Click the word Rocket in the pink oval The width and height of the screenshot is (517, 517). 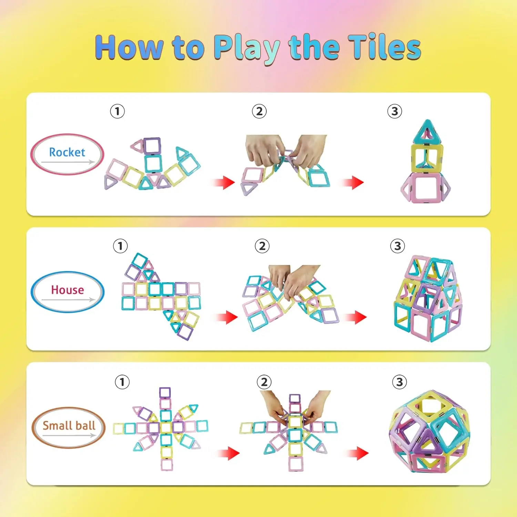click(67, 152)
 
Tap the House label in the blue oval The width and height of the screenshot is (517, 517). click(68, 290)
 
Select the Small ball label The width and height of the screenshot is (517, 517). click(69, 426)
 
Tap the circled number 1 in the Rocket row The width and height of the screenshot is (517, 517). click(117, 111)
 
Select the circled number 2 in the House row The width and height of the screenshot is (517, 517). click(262, 246)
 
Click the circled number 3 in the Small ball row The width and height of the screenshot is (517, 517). click(399, 382)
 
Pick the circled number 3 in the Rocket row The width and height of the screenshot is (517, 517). click(395, 111)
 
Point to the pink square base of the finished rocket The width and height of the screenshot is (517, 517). click(426, 188)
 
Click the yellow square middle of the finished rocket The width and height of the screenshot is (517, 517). click(427, 159)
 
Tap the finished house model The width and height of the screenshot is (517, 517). click(427, 298)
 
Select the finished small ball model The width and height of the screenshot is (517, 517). click(429, 431)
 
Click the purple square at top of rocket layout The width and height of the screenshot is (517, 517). click(152, 146)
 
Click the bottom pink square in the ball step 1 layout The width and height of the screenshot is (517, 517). click(166, 465)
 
